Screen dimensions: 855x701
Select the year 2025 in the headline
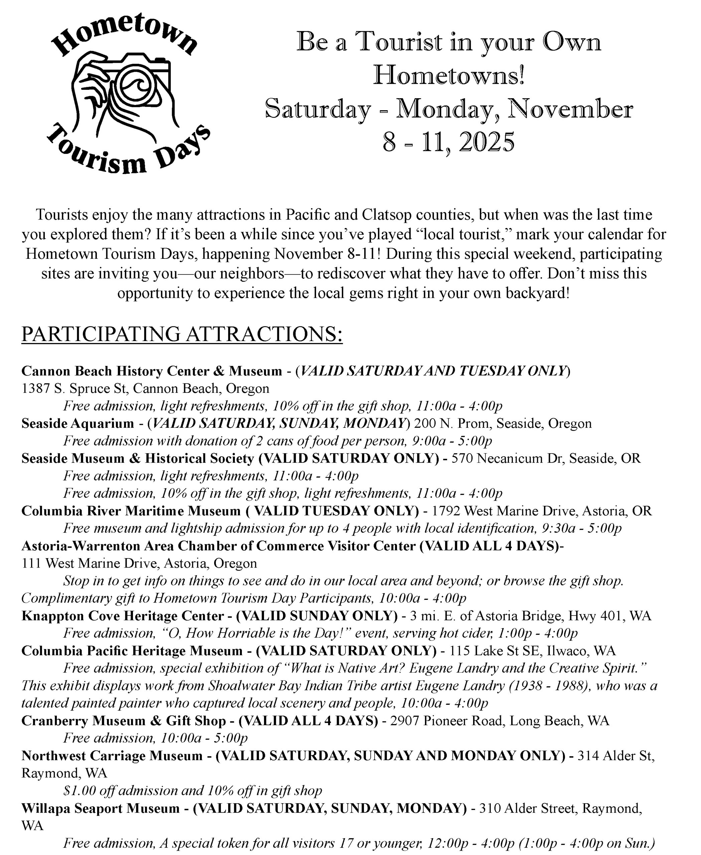click(486, 142)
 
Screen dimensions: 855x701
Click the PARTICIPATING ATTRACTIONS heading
click(182, 334)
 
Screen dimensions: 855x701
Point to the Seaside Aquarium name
click(78, 423)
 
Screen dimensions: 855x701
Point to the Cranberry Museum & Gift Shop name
click(124, 721)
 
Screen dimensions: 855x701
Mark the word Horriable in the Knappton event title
click(244, 633)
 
